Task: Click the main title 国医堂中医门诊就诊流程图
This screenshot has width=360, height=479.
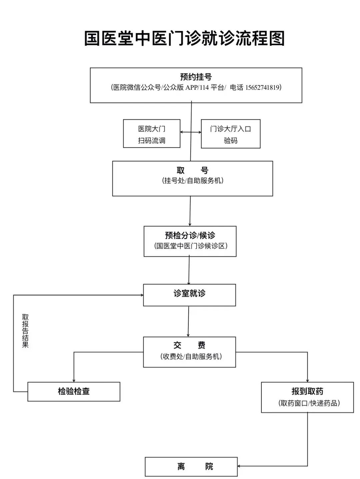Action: pyautogui.click(x=184, y=38)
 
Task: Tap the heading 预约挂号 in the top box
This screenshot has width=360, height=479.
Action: pyautogui.click(x=196, y=77)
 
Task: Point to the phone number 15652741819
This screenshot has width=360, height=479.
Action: pyautogui.click(x=262, y=88)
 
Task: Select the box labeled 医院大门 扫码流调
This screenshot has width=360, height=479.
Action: pyautogui.click(x=152, y=134)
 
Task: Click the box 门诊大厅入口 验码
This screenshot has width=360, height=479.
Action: pyautogui.click(x=230, y=134)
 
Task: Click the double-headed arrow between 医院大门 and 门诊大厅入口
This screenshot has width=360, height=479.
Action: pyautogui.click(x=191, y=132)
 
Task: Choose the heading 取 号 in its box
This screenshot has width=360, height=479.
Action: pyautogui.click(x=192, y=171)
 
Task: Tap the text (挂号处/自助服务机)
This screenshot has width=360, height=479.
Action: pyautogui.click(x=192, y=181)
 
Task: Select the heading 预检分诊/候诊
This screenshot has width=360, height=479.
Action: pyautogui.click(x=190, y=235)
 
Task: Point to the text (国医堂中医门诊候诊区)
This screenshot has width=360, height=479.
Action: pyautogui.click(x=190, y=246)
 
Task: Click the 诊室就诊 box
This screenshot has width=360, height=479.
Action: pyautogui.click(x=189, y=294)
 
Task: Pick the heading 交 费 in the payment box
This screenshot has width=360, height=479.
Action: pyautogui.click(x=189, y=345)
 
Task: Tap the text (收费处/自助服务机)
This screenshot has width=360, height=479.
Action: pyautogui.click(x=191, y=357)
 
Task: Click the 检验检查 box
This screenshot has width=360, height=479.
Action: pyautogui.click(x=74, y=391)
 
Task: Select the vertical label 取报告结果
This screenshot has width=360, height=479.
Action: pyautogui.click(x=25, y=331)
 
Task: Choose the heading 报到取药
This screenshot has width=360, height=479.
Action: pyautogui.click(x=307, y=391)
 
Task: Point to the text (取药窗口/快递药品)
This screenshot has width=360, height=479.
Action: pyautogui.click(x=309, y=403)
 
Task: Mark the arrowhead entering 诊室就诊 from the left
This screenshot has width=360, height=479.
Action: pyautogui.click(x=142, y=295)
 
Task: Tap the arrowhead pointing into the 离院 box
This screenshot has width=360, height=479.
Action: pyautogui.click(x=239, y=466)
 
